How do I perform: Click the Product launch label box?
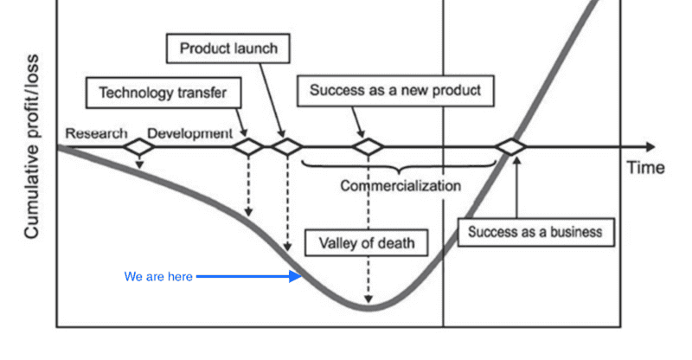click(227, 48)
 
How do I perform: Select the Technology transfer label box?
click(163, 92)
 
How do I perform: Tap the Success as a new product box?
click(395, 91)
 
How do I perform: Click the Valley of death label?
click(367, 242)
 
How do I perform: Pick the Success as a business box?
click(535, 232)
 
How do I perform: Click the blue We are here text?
click(158, 277)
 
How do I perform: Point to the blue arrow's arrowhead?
click(297, 277)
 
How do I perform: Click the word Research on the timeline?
click(96, 134)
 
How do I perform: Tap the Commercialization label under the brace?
click(400, 185)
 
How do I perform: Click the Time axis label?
click(645, 168)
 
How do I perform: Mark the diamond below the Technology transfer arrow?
click(248, 147)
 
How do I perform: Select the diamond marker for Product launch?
click(286, 147)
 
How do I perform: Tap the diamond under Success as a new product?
click(369, 147)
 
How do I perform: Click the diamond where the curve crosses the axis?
click(512, 147)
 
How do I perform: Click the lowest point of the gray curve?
click(370, 306)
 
